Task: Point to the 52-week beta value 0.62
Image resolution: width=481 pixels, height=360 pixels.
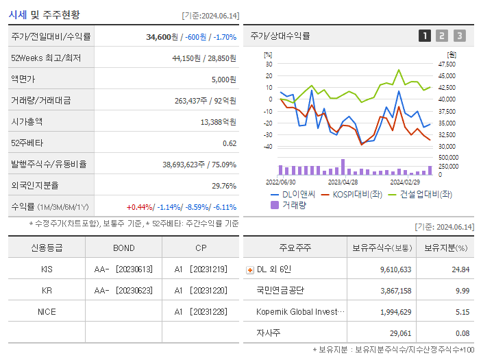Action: tap(229, 143)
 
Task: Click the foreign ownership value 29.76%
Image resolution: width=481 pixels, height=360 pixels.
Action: tap(224, 185)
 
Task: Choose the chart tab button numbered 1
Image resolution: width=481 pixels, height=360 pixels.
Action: tap(425, 36)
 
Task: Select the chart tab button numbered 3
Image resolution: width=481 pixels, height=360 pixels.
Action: tap(459, 36)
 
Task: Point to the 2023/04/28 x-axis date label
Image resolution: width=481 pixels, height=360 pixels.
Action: tap(343, 182)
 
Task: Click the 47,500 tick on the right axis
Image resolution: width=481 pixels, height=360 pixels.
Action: tap(446, 64)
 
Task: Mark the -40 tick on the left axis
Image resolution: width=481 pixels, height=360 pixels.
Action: tap(268, 147)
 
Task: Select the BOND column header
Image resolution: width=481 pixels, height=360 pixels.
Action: tap(123, 248)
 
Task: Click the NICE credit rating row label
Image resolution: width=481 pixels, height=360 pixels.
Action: tap(47, 311)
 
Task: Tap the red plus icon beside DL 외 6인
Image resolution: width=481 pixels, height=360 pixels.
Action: tap(249, 269)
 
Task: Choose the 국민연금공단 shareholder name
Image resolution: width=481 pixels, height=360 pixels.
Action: tap(280, 290)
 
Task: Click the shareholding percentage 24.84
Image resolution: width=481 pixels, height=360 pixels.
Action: tap(460, 269)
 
